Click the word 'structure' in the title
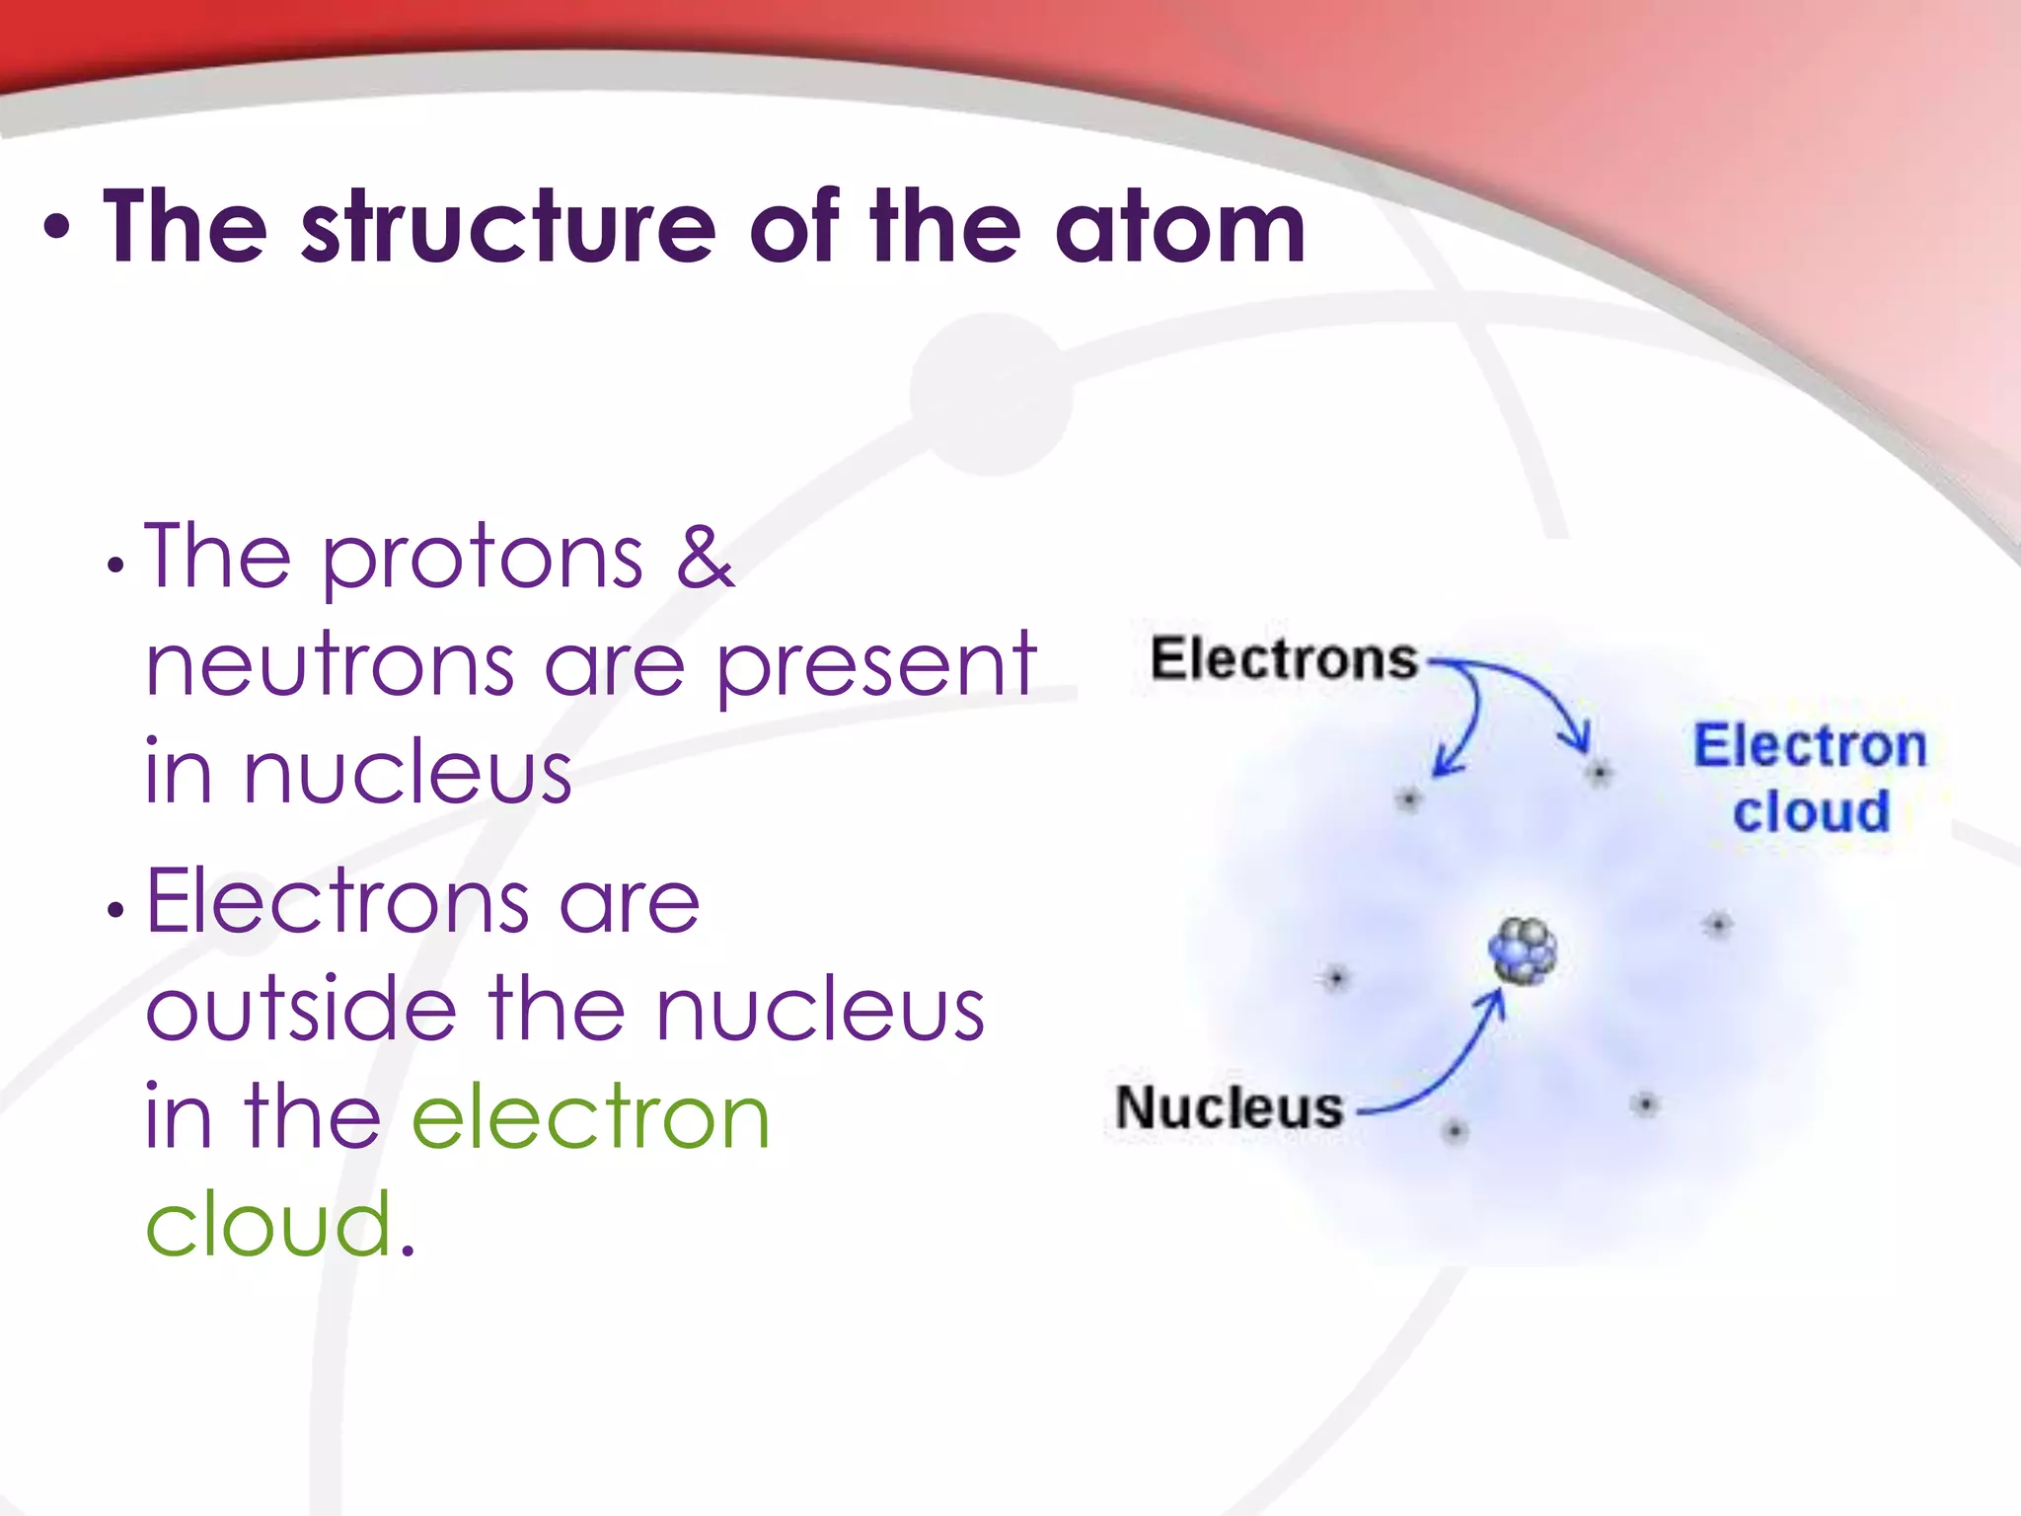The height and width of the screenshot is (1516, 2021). pyautogui.click(x=508, y=229)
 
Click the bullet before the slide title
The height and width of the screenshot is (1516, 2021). pyautogui.click(x=57, y=229)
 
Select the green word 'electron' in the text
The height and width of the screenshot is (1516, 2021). pyautogui.click(x=590, y=1116)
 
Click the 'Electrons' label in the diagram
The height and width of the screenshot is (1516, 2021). pyautogui.click(x=1283, y=659)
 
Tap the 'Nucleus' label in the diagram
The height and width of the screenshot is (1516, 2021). pyautogui.click(x=1230, y=1107)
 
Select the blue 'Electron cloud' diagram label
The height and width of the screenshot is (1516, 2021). pyautogui.click(x=1810, y=778)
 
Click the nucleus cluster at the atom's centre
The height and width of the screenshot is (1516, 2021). pyautogui.click(x=1523, y=950)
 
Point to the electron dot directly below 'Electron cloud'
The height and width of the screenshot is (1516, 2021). pyautogui.click(x=1718, y=925)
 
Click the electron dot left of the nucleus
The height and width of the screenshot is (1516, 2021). pyautogui.click(x=1336, y=979)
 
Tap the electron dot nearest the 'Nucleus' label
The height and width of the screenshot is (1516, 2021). pyautogui.click(x=1455, y=1131)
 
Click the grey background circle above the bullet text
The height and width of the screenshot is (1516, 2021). pyautogui.click(x=990, y=395)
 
